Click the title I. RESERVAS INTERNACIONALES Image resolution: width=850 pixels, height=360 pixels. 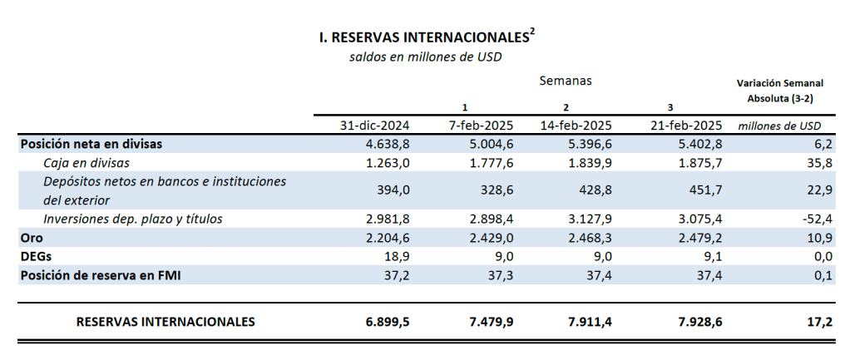[423, 38]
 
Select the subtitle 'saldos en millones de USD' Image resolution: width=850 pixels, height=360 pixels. [426, 57]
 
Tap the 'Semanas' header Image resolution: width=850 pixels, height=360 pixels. [566, 81]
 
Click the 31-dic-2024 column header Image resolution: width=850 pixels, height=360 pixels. [374, 126]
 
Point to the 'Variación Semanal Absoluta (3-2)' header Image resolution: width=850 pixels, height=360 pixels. [780, 91]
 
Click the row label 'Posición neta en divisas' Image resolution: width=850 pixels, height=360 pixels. [91, 144]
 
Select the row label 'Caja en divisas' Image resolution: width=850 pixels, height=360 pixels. [87, 162]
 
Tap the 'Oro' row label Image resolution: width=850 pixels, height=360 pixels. [32, 238]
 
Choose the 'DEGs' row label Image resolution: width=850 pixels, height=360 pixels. [36, 257]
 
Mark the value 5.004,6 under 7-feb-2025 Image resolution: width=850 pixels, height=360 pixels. [491, 144]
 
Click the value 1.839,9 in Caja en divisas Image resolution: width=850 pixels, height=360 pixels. [591, 162]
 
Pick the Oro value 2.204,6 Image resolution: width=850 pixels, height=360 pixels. [388, 238]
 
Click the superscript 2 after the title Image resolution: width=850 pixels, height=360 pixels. [532, 32]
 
